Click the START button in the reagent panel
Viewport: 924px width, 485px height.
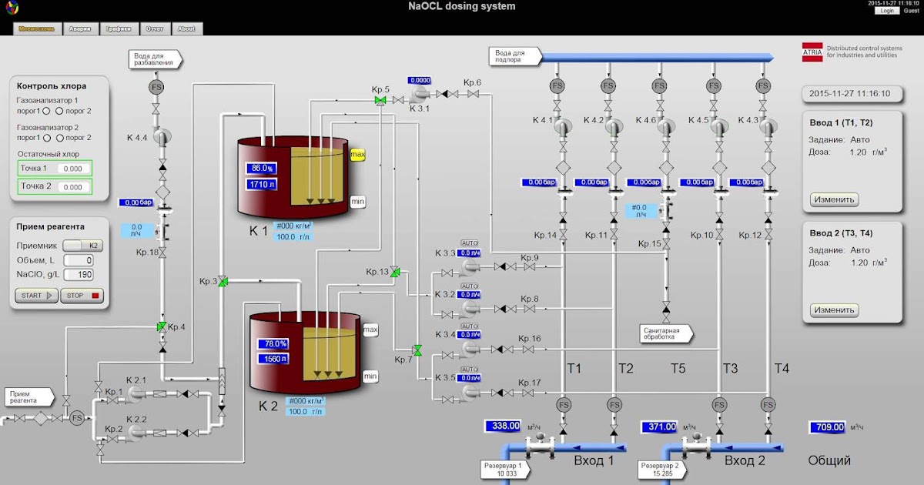point(36,295)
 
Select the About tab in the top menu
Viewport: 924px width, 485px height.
point(186,28)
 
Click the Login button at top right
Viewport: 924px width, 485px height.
point(887,11)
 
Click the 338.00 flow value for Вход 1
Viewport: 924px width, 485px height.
point(505,426)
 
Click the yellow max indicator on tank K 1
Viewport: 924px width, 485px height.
point(357,155)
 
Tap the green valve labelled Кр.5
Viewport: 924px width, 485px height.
point(380,101)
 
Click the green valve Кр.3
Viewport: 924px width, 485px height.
point(222,282)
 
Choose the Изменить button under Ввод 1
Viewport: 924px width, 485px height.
point(835,199)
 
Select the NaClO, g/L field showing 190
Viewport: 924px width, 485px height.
point(79,275)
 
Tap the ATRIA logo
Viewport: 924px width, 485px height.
point(812,52)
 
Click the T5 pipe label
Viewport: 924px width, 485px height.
point(677,368)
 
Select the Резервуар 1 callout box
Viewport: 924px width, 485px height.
point(505,470)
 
